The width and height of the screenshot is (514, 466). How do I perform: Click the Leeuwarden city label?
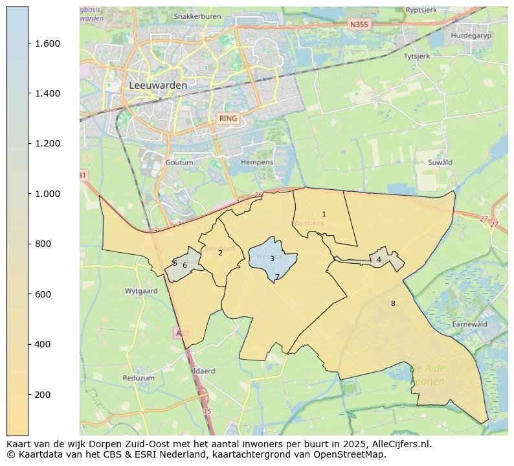click(158, 85)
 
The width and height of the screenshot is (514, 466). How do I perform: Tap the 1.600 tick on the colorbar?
click(47, 43)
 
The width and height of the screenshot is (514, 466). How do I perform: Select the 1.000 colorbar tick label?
click(47, 194)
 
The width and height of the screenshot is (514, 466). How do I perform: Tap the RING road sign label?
click(228, 119)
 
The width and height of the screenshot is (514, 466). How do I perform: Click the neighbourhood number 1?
click(324, 214)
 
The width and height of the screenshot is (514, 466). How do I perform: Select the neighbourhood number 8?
click(392, 303)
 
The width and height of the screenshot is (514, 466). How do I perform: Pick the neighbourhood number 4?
click(379, 259)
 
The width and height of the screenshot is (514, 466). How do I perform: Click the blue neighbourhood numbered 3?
click(272, 259)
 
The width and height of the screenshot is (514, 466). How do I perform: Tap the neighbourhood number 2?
click(220, 253)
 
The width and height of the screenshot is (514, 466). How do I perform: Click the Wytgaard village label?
click(141, 291)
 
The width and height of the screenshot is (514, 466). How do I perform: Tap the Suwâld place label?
click(440, 163)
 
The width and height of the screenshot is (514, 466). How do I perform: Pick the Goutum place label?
click(179, 163)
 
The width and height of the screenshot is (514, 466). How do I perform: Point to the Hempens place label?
click(256, 162)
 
